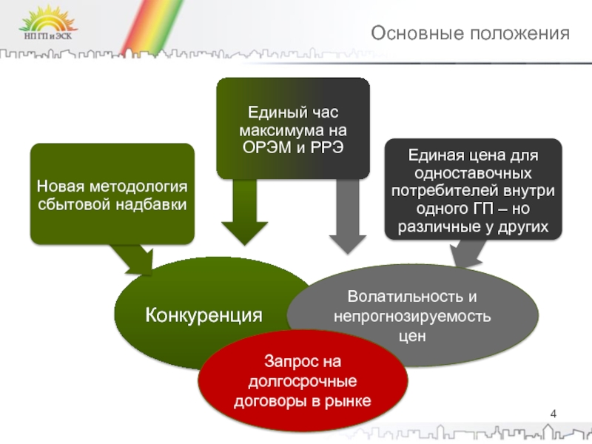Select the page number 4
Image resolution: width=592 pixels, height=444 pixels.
point(554,413)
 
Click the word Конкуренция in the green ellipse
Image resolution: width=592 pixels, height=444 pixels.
point(203,315)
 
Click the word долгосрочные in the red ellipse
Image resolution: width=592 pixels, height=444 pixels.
point(302,382)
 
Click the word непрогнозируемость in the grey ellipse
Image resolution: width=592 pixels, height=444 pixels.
point(412,316)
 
